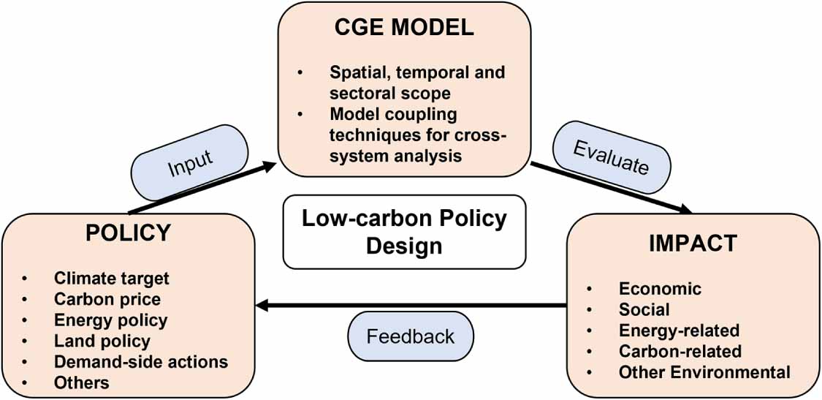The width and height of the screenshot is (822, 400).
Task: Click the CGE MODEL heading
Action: click(x=404, y=28)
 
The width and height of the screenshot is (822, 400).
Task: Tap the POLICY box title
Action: click(x=128, y=233)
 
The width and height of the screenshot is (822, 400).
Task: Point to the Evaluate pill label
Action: click(x=611, y=157)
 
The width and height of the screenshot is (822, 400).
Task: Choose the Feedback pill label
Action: click(x=410, y=336)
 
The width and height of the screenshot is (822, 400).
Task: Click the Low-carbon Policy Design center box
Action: click(x=404, y=232)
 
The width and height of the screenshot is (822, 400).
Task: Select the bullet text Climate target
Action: click(x=111, y=279)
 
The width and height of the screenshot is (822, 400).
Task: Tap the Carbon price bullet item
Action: click(x=107, y=299)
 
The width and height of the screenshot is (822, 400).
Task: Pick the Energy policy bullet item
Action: click(x=110, y=320)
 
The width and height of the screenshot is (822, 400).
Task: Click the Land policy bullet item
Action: click(x=102, y=341)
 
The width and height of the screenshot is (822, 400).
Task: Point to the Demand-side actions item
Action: click(x=140, y=362)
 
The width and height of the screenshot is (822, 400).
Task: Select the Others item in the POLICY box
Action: click(x=81, y=382)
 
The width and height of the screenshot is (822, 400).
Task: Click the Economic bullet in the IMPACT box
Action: click(x=660, y=289)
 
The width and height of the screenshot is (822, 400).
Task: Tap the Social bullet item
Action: click(x=644, y=309)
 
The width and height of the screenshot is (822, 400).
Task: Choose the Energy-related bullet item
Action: click(x=679, y=331)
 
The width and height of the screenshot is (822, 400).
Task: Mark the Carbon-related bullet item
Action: click(x=680, y=352)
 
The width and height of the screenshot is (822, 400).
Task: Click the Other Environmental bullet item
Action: click(x=704, y=372)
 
